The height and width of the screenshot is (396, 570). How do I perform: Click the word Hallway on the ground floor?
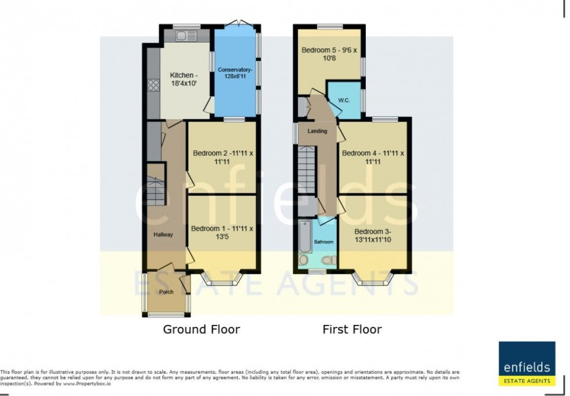coord(163,235)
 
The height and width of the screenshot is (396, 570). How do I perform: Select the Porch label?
coord(166,292)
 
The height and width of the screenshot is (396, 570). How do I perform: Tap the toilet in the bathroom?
coord(329,260)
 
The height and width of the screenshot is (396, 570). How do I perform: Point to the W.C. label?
coord(343,100)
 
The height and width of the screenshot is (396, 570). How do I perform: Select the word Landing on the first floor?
coord(318,131)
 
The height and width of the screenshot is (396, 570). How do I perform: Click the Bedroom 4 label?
coord(372,158)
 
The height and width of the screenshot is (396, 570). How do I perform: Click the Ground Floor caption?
coord(201,330)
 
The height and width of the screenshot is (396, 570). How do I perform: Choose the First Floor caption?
coord(352,330)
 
